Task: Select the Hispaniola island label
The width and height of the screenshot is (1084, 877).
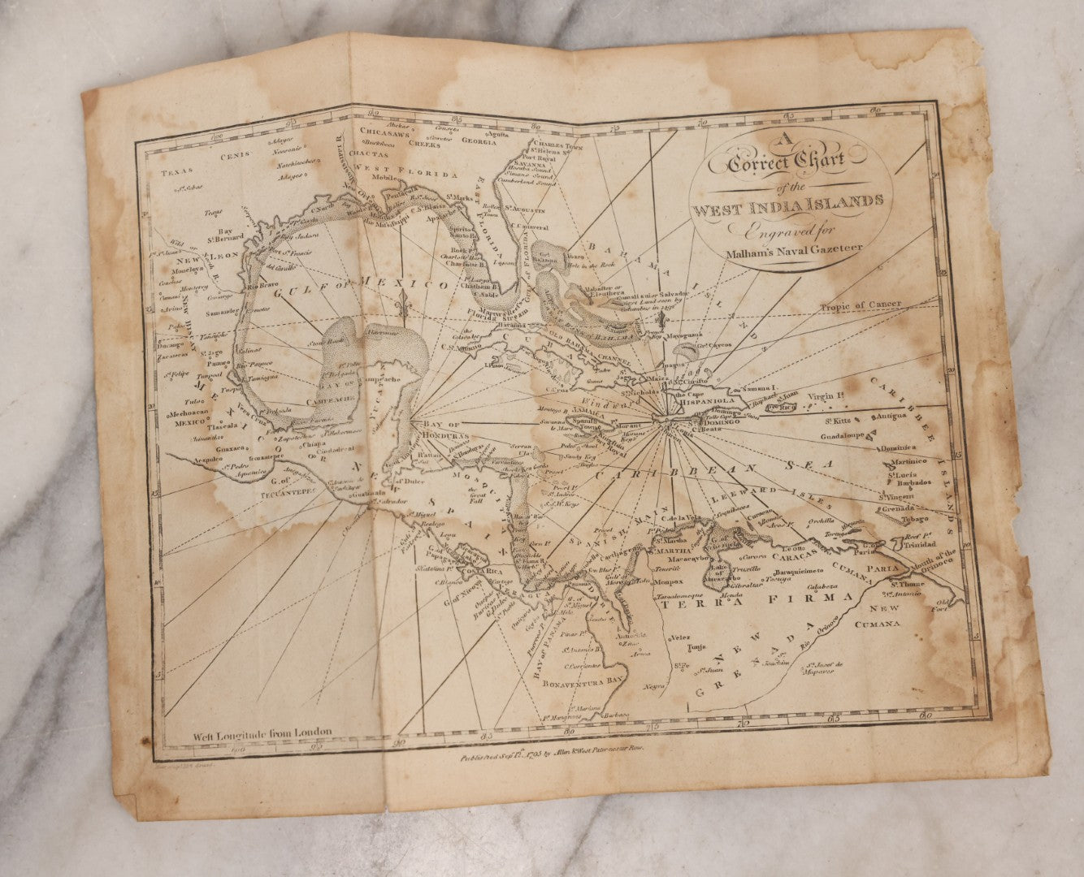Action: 716,400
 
